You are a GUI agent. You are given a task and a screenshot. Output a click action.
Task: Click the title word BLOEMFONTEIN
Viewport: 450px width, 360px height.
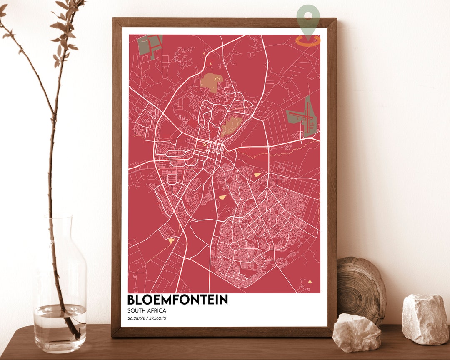pos(177,300)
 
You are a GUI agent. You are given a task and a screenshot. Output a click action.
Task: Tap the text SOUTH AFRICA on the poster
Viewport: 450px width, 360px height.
pos(147,311)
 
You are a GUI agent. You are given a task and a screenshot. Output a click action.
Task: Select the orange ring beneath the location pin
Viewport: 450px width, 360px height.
pos(308,40)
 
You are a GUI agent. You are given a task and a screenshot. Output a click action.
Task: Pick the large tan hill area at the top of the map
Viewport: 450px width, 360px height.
pos(210,82)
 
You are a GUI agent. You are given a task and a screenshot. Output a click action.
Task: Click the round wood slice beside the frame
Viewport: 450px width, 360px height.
pos(361,290)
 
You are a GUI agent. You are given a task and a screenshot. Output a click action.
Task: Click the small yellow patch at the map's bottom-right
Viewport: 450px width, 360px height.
pos(310,282)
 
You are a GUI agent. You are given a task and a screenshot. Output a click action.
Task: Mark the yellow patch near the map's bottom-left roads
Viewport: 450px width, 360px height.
pos(171,240)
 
